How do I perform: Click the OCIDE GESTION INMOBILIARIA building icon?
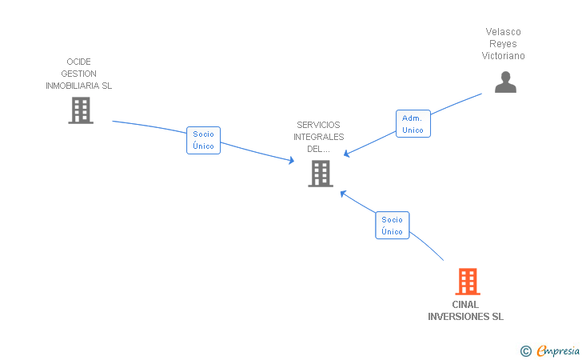[80, 110]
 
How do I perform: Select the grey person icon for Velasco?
[505, 82]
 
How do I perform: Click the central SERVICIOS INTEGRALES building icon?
[320, 173]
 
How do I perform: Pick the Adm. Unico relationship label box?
[413, 124]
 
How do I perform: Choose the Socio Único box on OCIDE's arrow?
[203, 140]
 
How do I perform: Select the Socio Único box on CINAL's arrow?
[392, 226]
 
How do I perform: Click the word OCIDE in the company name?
[79, 62]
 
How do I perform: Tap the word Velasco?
[503, 32]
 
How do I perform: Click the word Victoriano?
[503, 56]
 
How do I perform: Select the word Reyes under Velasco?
[503, 44]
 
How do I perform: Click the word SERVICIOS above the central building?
[318, 125]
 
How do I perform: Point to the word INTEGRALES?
[318, 137]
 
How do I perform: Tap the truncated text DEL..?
[318, 149]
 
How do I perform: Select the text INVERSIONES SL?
[465, 317]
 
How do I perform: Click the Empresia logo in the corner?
[558, 350]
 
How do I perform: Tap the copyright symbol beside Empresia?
[525, 350]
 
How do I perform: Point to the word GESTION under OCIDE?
[78, 74]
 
